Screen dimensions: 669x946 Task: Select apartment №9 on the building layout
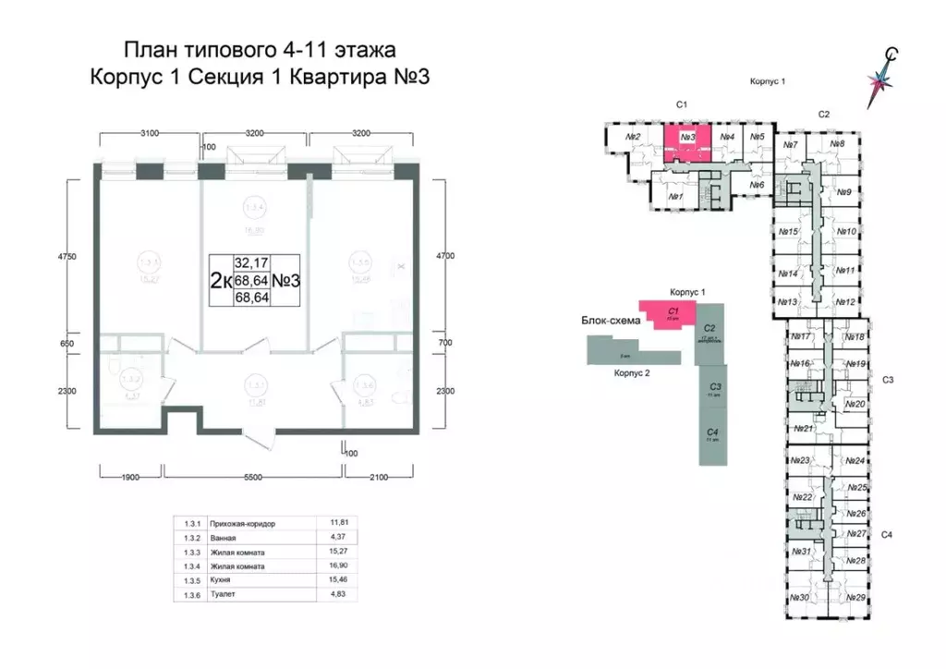pyautogui.click(x=843, y=192)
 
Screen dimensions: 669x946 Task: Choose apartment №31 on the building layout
pyautogui.click(x=800, y=552)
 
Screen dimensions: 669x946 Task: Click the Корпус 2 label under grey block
pyautogui.click(x=632, y=372)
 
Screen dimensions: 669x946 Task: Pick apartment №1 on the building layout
pyautogui.click(x=674, y=197)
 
